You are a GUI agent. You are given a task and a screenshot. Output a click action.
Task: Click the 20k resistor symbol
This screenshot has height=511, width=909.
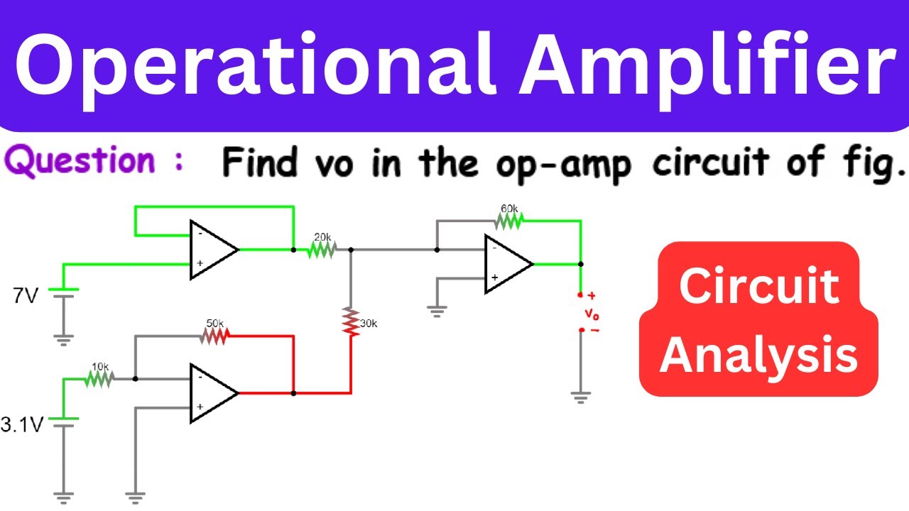(x=322, y=250)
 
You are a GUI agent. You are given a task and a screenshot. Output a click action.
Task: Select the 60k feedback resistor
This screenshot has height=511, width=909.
(x=509, y=221)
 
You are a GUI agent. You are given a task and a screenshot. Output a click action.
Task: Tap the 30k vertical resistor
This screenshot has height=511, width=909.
(x=351, y=322)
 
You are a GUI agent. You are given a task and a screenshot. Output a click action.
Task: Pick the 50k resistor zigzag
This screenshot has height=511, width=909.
(x=214, y=336)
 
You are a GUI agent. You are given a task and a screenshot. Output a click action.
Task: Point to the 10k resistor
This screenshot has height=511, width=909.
(x=99, y=379)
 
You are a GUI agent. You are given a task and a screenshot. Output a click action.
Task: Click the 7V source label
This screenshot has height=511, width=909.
(x=25, y=296)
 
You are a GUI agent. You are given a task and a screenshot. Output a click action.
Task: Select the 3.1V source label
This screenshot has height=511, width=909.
(x=22, y=424)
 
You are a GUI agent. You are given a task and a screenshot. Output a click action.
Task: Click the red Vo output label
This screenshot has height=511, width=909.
(x=592, y=314)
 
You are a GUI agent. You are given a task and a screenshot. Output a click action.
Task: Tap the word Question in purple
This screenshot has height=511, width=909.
(x=80, y=161)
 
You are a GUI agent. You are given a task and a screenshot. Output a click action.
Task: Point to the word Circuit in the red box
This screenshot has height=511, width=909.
(x=759, y=286)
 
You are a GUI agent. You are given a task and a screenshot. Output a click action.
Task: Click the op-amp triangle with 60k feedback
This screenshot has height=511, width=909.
(x=509, y=264)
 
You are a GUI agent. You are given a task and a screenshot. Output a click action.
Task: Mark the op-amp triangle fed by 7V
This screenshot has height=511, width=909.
(x=214, y=250)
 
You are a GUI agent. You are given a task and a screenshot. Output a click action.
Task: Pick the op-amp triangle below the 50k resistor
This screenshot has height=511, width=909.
(x=214, y=393)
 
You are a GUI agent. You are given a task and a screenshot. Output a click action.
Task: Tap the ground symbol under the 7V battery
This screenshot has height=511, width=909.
(x=63, y=340)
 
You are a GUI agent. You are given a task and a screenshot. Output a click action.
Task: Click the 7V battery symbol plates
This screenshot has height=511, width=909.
(x=63, y=293)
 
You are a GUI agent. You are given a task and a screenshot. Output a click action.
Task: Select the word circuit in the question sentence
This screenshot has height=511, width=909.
(x=711, y=163)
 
